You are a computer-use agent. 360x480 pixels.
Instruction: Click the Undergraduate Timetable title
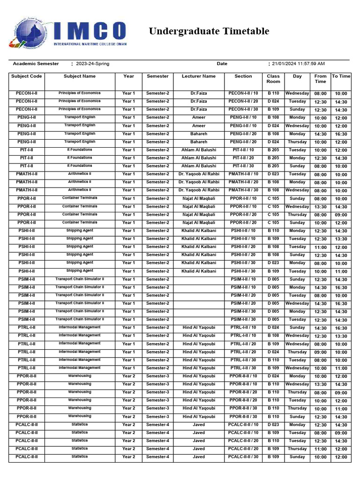pos(209,31)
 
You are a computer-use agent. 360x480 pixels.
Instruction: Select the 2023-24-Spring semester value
pos(92,64)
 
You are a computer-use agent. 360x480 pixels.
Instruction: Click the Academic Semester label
pos(36,64)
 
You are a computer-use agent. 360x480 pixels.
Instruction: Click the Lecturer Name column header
pos(199,76)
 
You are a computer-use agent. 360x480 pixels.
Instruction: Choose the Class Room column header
pos(273,79)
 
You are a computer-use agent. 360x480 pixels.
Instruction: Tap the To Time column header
pos(341,76)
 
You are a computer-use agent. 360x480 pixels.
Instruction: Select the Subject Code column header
pos(27,76)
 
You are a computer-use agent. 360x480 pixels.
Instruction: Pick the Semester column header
pos(157,76)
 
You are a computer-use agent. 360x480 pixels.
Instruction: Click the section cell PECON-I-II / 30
pos(243,109)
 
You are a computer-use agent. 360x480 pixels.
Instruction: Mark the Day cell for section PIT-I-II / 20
pos(297,158)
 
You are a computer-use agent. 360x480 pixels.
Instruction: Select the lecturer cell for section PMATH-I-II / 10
pos(199,174)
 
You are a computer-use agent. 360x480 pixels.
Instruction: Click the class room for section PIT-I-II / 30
pos(273,166)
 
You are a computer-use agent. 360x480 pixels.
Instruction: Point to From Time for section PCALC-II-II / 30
pos(321,457)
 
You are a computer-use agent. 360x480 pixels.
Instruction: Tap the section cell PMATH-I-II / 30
pos(243,190)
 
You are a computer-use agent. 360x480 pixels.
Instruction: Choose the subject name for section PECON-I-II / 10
pos(80,93)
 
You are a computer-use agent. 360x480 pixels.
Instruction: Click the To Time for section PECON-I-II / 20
pos(341,102)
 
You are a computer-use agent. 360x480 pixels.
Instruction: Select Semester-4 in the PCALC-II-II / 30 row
pos(157,457)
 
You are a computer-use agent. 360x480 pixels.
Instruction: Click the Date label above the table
pos(222,64)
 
